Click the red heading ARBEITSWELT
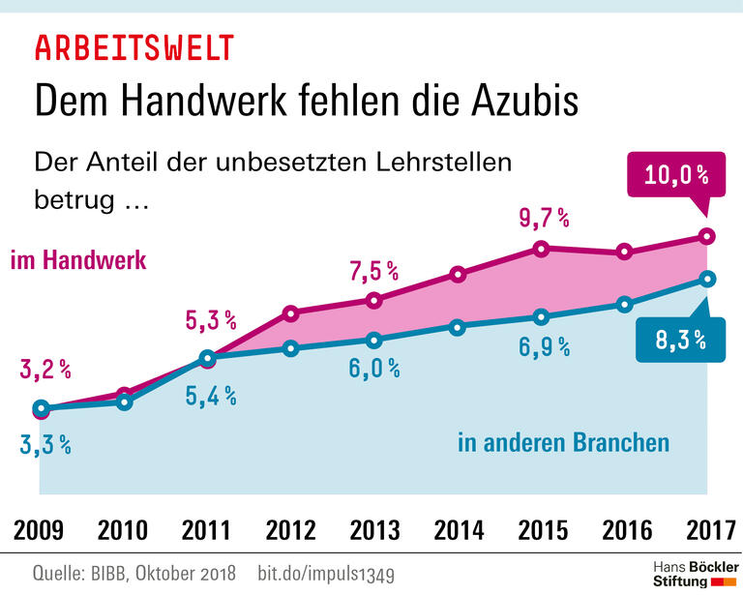[x=134, y=47]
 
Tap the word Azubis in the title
[x=518, y=100]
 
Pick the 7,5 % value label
[x=373, y=272]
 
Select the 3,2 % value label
[x=45, y=369]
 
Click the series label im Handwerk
[x=78, y=260]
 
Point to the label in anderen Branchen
[x=563, y=443]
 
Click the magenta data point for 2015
[x=541, y=249]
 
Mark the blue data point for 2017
[x=708, y=279]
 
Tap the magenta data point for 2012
[x=290, y=312]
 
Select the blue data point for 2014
[x=458, y=327]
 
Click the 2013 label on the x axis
[x=373, y=530]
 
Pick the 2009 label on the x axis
[x=40, y=530]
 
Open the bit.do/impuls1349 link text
[x=326, y=573]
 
